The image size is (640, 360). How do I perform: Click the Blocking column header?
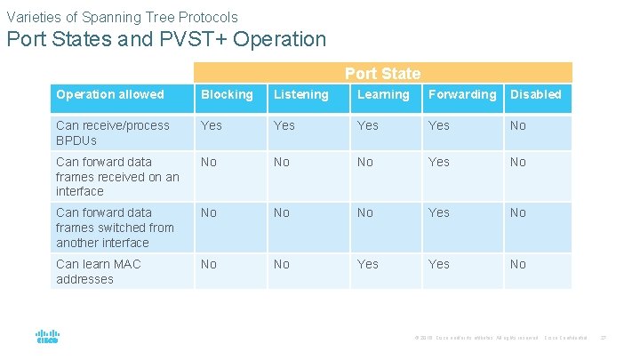(227, 94)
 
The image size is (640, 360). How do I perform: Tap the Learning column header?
(383, 94)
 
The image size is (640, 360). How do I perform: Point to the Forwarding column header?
(462, 94)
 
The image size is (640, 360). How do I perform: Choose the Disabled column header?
(535, 94)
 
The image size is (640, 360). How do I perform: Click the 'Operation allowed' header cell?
(110, 94)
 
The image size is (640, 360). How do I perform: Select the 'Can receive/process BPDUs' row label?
(112, 132)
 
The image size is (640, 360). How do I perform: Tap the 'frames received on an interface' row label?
(117, 176)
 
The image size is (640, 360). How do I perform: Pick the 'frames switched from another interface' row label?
(115, 228)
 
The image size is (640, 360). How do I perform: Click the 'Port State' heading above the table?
(382, 74)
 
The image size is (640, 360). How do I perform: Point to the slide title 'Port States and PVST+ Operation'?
(166, 39)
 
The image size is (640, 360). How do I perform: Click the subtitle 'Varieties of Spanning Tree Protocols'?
(122, 16)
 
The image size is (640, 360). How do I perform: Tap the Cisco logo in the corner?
(47, 337)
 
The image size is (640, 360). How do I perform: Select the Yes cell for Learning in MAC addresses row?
(367, 264)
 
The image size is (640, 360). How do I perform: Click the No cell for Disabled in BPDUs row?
(517, 125)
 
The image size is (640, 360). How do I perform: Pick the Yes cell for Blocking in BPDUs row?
(212, 125)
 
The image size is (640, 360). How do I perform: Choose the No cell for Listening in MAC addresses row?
(282, 264)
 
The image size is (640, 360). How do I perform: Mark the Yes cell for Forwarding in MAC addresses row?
(439, 264)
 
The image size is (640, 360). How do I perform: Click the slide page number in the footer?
(603, 338)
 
